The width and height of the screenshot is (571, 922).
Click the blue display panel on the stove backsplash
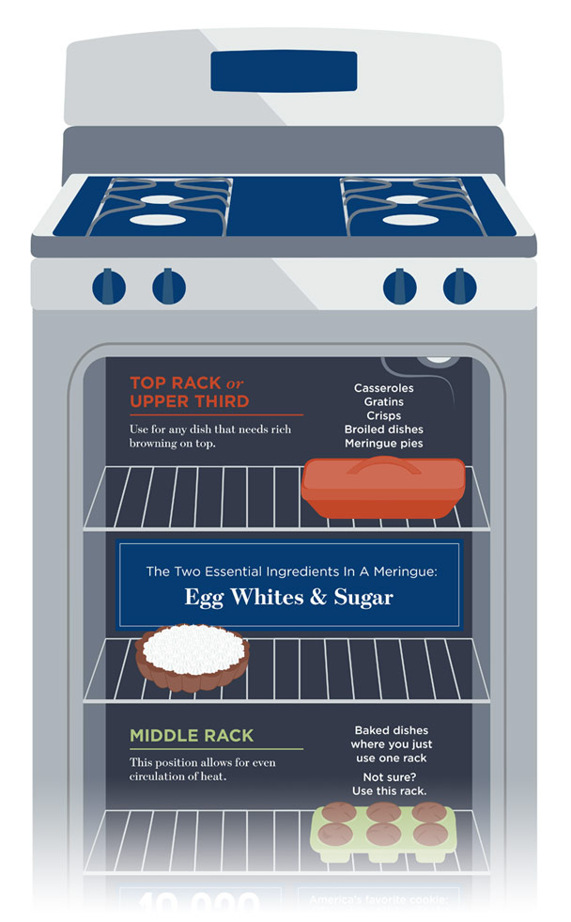pos(284,70)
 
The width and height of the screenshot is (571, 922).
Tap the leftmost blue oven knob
pos(108,286)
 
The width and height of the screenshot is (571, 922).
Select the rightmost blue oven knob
pos(459,286)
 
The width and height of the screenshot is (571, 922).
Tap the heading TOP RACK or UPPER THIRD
pos(189,392)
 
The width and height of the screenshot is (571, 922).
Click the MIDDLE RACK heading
pos(192,735)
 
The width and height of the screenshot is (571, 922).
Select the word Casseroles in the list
pos(383,387)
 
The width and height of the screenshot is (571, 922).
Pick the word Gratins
pos(383,401)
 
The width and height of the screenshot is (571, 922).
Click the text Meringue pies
pos(383,443)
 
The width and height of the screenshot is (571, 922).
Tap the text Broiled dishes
pos(383,429)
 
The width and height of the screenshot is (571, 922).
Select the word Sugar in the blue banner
pos(363,596)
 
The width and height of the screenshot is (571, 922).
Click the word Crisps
pos(383,414)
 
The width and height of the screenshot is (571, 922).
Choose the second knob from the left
pos(169,286)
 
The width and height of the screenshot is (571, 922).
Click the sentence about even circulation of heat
pos(202,769)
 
